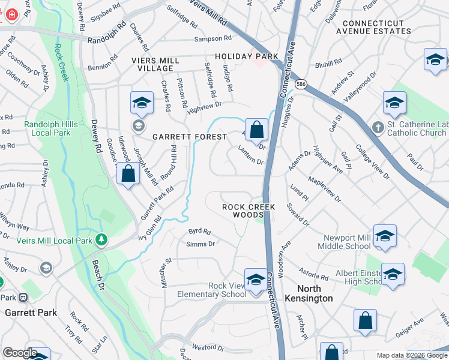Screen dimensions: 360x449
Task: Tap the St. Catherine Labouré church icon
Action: (377, 127)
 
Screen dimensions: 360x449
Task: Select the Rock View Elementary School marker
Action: (256, 280)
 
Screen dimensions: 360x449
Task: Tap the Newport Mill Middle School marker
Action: (384, 236)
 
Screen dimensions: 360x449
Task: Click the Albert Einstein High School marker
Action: (393, 274)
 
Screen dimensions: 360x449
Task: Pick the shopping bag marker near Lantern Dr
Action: (256, 130)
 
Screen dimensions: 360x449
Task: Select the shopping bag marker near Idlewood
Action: (128, 175)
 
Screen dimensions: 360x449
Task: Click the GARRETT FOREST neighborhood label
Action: (190, 137)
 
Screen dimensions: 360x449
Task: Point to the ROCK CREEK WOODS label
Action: (249, 211)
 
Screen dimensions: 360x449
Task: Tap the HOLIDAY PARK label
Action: (247, 56)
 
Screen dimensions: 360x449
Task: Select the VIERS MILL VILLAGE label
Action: (155, 65)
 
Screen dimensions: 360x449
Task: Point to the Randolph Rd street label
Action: (108, 41)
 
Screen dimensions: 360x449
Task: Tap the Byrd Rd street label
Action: (200, 231)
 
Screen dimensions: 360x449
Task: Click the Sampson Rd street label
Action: (212, 38)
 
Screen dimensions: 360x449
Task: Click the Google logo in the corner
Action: (20, 353)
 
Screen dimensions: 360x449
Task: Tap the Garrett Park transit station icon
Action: (23, 297)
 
